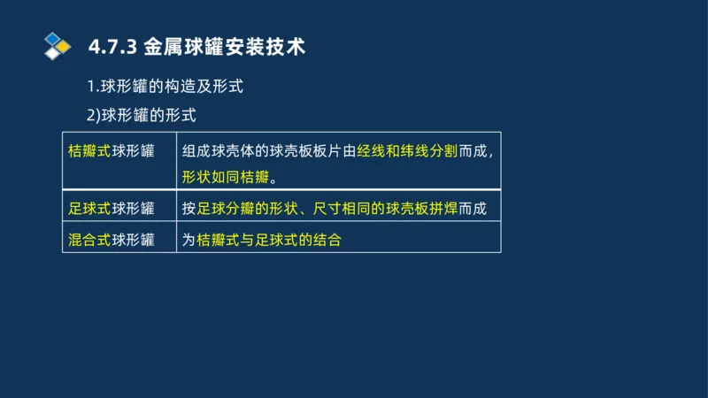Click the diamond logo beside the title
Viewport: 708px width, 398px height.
[x=57, y=45]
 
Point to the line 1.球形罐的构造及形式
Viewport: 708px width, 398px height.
[x=165, y=88]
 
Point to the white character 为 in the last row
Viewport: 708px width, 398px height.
[x=189, y=240]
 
